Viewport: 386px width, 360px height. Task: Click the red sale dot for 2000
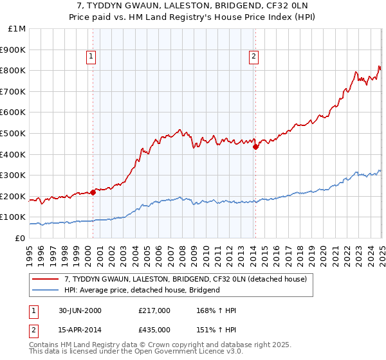pos(93,192)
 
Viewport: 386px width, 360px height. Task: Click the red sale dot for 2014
pos(255,147)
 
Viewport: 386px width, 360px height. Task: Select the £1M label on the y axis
pos(17,29)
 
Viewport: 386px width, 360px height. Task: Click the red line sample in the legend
pos(46,279)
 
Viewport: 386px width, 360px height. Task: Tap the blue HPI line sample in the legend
pos(46,290)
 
